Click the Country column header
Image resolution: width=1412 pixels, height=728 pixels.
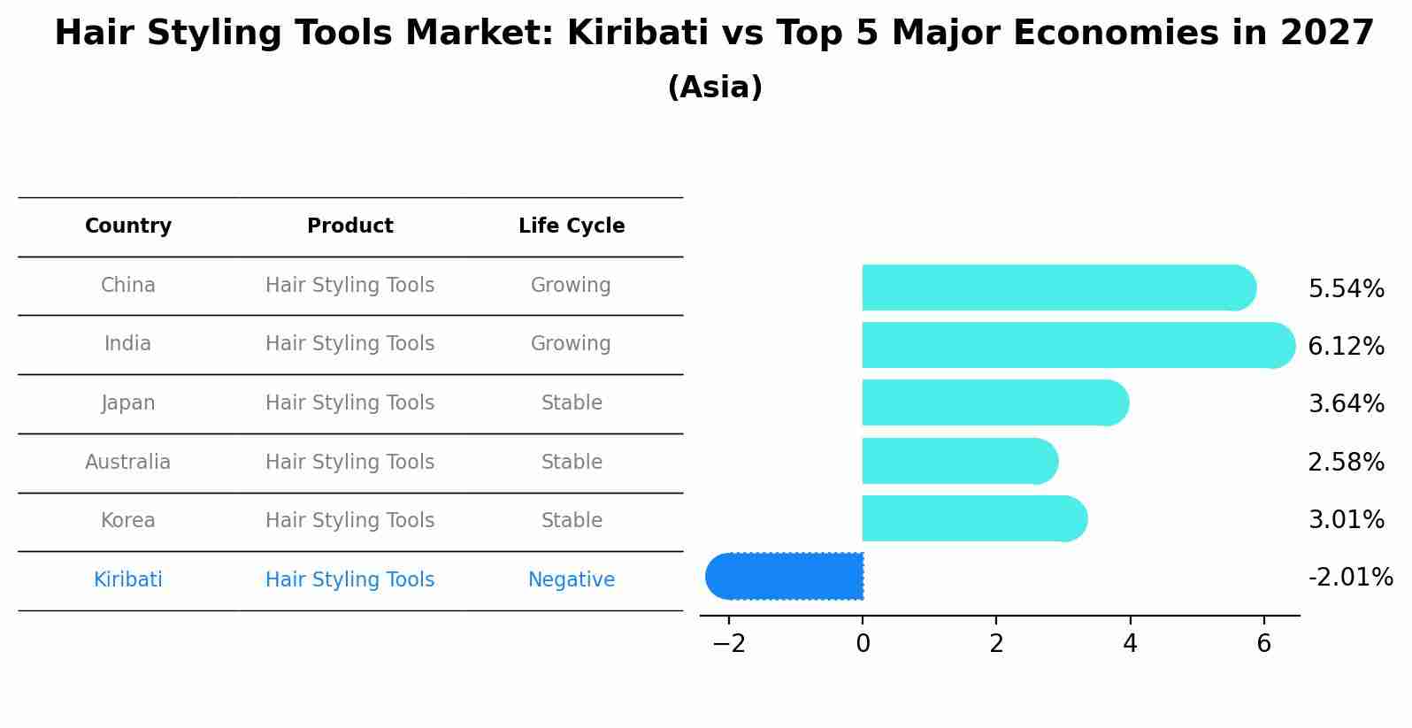click(128, 226)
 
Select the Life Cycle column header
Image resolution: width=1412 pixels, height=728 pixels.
click(572, 226)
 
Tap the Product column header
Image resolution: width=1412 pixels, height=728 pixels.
click(350, 226)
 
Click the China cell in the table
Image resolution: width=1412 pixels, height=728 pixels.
click(128, 286)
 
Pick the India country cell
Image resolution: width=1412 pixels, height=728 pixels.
click(128, 344)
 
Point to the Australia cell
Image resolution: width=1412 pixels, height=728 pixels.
click(128, 463)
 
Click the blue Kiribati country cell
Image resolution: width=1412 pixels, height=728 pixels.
click(128, 580)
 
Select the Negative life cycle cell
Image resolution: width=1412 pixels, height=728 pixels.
click(572, 580)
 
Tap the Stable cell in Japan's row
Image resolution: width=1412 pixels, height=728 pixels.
click(572, 403)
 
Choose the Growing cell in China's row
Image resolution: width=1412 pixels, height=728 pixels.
click(571, 286)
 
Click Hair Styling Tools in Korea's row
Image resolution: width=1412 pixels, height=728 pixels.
click(350, 521)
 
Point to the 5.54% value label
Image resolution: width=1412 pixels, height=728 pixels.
click(1346, 289)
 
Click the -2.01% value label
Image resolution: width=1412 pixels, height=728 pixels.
click(1350, 578)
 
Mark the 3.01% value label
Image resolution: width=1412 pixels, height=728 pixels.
click(1346, 520)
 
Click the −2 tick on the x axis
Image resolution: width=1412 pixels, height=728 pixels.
click(729, 644)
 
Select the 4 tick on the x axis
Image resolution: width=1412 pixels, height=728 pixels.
click(1130, 644)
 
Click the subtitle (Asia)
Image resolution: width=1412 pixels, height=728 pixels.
click(715, 88)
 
